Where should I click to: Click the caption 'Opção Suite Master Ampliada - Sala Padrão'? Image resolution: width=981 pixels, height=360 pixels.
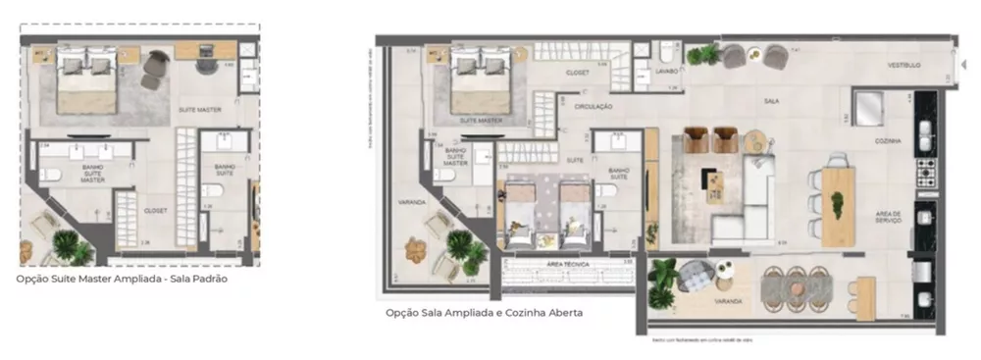click(x=123, y=279)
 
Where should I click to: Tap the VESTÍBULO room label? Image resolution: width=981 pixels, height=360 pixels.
click(x=903, y=66)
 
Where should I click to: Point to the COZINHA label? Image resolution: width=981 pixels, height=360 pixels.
click(x=888, y=141)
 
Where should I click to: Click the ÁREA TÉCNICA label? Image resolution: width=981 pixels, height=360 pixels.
click(x=566, y=265)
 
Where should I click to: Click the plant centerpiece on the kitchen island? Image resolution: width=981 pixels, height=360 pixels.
click(x=837, y=203)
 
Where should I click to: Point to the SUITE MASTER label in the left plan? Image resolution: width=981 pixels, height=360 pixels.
click(x=198, y=109)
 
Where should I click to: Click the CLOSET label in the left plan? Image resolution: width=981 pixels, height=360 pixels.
click(x=155, y=209)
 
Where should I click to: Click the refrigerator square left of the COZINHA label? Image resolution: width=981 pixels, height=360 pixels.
click(x=866, y=107)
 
